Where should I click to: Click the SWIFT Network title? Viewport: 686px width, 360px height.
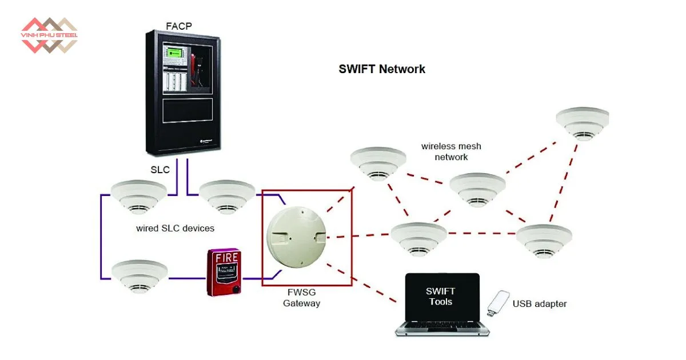382,69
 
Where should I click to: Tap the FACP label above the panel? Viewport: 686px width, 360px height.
178,26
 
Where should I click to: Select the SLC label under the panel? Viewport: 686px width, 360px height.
160,170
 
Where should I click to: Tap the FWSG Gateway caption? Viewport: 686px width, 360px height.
301,298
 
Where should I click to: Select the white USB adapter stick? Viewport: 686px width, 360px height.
498,303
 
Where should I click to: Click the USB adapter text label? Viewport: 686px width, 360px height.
539,304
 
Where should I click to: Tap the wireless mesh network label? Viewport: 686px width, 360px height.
451,151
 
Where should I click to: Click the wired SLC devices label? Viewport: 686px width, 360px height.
175,229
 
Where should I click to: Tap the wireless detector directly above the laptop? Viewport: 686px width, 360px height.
418,237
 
